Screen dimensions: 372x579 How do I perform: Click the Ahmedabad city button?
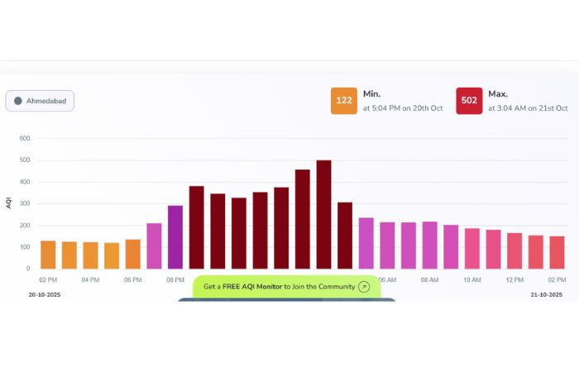click(x=40, y=101)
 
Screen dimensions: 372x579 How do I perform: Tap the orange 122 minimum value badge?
click(x=344, y=101)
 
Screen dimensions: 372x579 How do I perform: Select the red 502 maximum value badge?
click(x=469, y=101)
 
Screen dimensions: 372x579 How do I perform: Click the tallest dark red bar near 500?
click(x=323, y=214)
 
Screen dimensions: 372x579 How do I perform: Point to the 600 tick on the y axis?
click(x=24, y=139)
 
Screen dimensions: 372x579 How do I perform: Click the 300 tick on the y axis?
click(x=24, y=203)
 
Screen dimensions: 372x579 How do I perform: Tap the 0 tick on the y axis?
click(x=27, y=269)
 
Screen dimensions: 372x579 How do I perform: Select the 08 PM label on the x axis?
click(x=175, y=280)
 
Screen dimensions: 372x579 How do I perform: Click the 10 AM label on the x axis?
click(x=471, y=280)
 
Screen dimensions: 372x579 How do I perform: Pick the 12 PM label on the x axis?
click(x=514, y=280)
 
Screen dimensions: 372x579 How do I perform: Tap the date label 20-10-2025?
click(x=45, y=294)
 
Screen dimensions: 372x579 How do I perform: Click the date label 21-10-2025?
click(x=547, y=294)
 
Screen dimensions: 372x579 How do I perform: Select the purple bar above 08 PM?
click(x=175, y=237)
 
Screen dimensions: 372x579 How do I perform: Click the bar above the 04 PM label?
click(x=90, y=255)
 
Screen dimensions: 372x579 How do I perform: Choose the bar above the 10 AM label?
click(x=472, y=249)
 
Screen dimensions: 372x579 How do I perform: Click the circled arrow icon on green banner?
click(x=364, y=287)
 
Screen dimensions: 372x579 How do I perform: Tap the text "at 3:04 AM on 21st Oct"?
click(x=528, y=108)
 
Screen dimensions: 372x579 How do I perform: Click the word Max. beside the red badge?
click(x=498, y=94)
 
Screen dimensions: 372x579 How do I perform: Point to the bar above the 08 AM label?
click(x=429, y=245)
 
